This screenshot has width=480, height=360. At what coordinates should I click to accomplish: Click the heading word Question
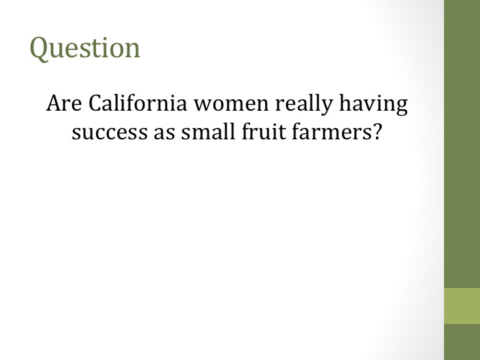tap(85, 48)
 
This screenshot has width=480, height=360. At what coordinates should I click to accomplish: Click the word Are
tap(64, 103)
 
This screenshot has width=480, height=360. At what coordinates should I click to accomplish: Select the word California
tap(138, 103)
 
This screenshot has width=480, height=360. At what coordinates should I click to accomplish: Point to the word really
tap(304, 105)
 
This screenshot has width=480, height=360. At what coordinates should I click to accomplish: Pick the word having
tap(373, 105)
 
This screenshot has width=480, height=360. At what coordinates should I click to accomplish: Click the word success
tap(109, 133)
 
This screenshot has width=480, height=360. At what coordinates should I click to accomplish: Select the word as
tap(165, 133)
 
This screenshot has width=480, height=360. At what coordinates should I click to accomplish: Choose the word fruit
tap(263, 131)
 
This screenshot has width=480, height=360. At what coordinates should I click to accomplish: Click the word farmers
tap(330, 131)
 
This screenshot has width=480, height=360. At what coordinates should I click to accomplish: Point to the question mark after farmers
tap(377, 131)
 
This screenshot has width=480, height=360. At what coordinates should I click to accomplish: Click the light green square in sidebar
tap(462, 306)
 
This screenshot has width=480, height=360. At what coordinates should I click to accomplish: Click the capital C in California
tap(95, 103)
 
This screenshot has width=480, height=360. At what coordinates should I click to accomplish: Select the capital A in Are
tap(55, 103)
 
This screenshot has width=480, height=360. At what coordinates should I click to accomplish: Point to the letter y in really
tap(327, 107)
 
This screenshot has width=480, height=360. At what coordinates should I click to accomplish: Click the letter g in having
tap(402, 107)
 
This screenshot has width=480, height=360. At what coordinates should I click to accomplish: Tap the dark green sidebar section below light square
tap(462, 342)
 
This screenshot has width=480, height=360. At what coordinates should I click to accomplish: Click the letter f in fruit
tap(247, 131)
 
